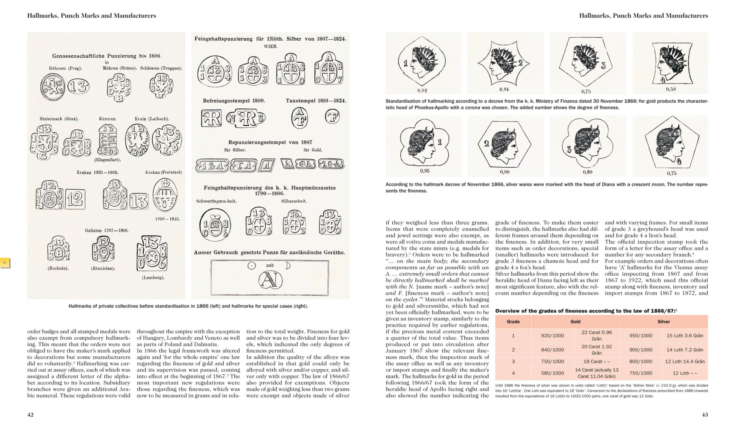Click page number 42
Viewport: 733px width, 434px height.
coord(30,415)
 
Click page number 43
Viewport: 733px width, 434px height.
coord(705,415)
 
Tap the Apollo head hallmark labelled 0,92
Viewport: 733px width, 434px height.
coord(423,63)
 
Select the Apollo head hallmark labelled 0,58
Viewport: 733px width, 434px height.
coord(670,63)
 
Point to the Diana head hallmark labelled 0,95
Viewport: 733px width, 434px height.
coord(424,146)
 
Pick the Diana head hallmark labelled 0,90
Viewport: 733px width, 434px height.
coord(505,146)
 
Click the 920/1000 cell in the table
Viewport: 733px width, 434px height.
coord(552,335)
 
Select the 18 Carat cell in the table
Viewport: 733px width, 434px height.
coord(597,361)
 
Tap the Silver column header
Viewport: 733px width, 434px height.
coord(664,322)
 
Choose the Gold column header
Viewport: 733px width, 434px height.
coord(575,322)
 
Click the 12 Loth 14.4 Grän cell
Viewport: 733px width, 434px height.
coord(685,361)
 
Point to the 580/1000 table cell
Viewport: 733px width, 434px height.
coord(552,373)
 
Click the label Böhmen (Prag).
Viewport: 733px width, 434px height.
coord(65,68)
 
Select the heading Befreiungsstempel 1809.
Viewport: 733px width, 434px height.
coord(234,101)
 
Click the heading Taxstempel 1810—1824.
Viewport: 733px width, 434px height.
coord(316,101)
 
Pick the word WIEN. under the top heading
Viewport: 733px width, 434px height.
coord(270,46)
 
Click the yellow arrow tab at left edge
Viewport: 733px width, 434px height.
coord(5,263)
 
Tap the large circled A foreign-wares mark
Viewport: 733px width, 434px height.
coord(270,280)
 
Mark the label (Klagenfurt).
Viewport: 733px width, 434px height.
coord(107,160)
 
